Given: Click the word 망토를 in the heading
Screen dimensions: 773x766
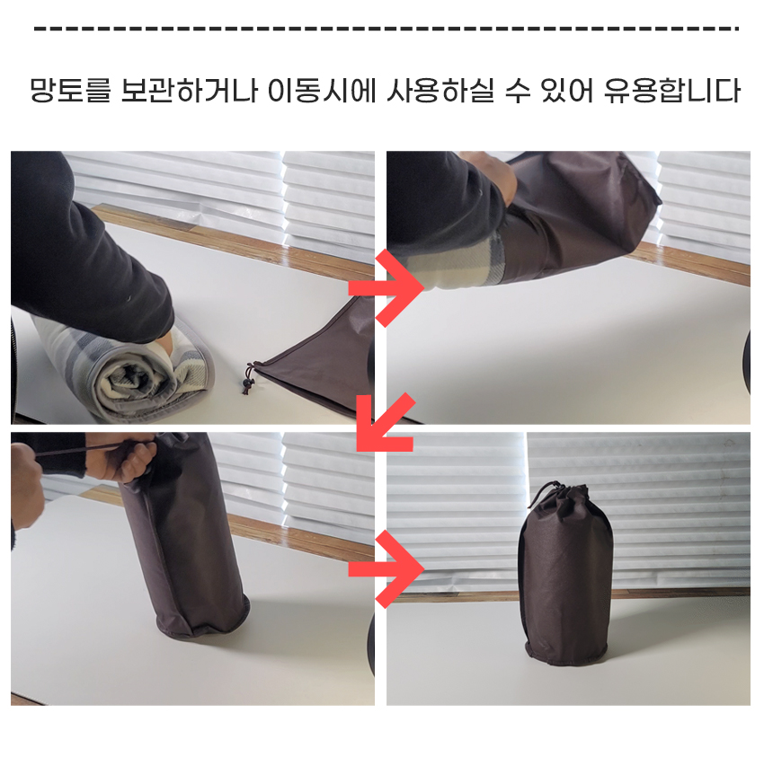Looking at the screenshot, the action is click(x=70, y=91).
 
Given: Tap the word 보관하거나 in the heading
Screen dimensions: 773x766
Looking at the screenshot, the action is click(x=190, y=91).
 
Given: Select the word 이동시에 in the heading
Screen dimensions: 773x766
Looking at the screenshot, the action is click(x=322, y=91).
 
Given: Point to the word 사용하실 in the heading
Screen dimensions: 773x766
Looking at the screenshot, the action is click(x=440, y=91).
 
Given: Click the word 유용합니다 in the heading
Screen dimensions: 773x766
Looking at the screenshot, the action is click(x=672, y=91).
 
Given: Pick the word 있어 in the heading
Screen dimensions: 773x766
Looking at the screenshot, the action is click(x=567, y=91).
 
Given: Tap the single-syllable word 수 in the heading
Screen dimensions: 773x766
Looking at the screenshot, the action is click(x=517, y=91).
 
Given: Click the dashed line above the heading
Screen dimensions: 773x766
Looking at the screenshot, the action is click(x=386, y=29).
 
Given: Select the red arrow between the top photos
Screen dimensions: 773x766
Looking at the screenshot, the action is click(x=386, y=287).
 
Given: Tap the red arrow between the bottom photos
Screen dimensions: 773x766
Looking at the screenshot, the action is click(x=386, y=569).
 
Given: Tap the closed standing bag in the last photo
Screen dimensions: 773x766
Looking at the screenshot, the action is click(x=566, y=574).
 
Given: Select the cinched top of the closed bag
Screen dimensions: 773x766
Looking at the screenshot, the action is click(x=562, y=495).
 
